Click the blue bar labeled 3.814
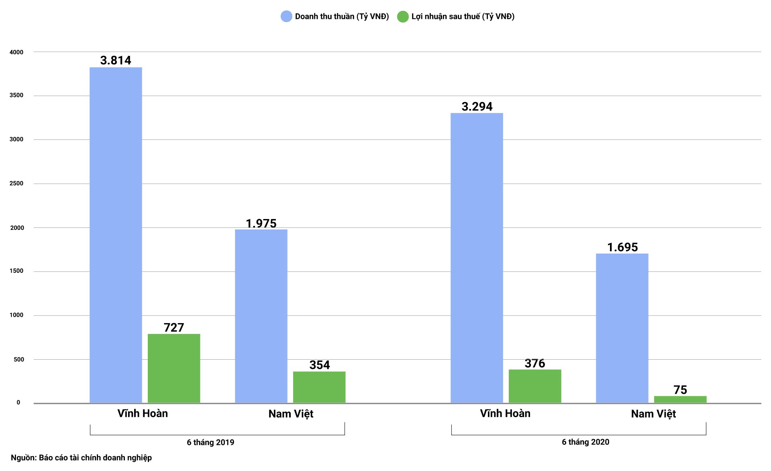tap(116, 235)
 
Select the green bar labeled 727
tap(174, 368)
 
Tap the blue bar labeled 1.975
tap(261, 316)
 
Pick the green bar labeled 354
tap(319, 387)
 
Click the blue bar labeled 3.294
tap(477, 258)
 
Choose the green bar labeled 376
tap(535, 386)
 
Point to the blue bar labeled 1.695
tap(622, 328)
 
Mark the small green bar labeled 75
tap(680, 399)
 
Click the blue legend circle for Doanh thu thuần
tap(286, 16)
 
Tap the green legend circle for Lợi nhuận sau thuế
tap(403, 16)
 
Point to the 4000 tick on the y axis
tap(16, 52)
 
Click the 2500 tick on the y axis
tap(16, 184)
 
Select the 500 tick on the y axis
tap(19, 360)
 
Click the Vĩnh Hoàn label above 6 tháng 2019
tap(143, 414)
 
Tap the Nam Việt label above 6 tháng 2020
tap(653, 414)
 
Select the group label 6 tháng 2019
tap(210, 442)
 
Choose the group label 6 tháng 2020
tap(585, 442)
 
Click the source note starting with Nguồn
tap(82, 458)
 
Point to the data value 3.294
tap(477, 106)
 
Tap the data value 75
tap(680, 390)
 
